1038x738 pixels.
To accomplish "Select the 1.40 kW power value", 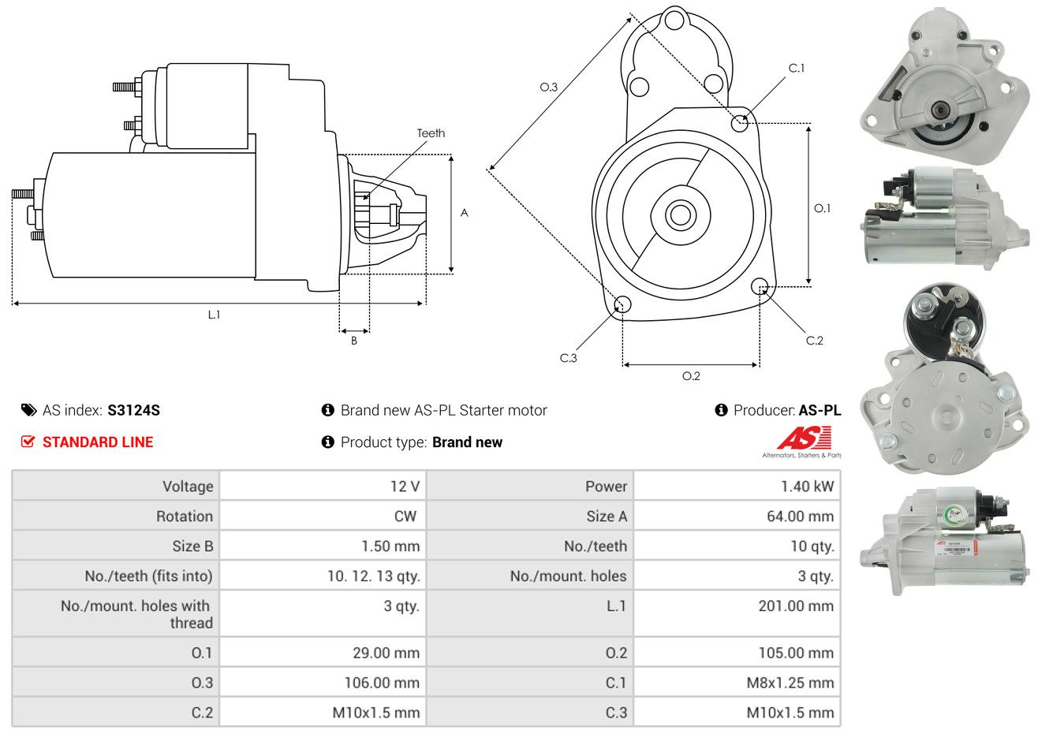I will (806, 486).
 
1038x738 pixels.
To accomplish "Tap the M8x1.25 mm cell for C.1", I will (790, 683).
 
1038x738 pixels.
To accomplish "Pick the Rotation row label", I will (184, 516).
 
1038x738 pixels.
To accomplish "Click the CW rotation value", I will (405, 516).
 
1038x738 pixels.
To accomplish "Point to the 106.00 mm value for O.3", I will (382, 683).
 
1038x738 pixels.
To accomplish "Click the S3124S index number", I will (133, 410).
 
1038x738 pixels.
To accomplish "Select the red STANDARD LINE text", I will (98, 442).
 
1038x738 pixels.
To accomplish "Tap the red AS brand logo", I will (804, 438).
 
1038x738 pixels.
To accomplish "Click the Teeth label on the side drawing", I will (431, 133).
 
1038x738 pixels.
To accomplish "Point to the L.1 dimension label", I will (214, 315).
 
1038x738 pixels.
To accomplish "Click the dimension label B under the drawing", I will (354, 341).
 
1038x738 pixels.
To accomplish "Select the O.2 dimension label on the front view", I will (691, 376).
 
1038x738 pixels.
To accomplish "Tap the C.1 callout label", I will (797, 69).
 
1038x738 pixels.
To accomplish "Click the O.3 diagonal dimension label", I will (548, 87).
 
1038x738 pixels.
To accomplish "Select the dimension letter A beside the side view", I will (465, 213).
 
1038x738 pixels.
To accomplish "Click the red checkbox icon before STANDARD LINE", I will (28, 442).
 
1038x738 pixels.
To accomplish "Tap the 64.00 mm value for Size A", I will (800, 516).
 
